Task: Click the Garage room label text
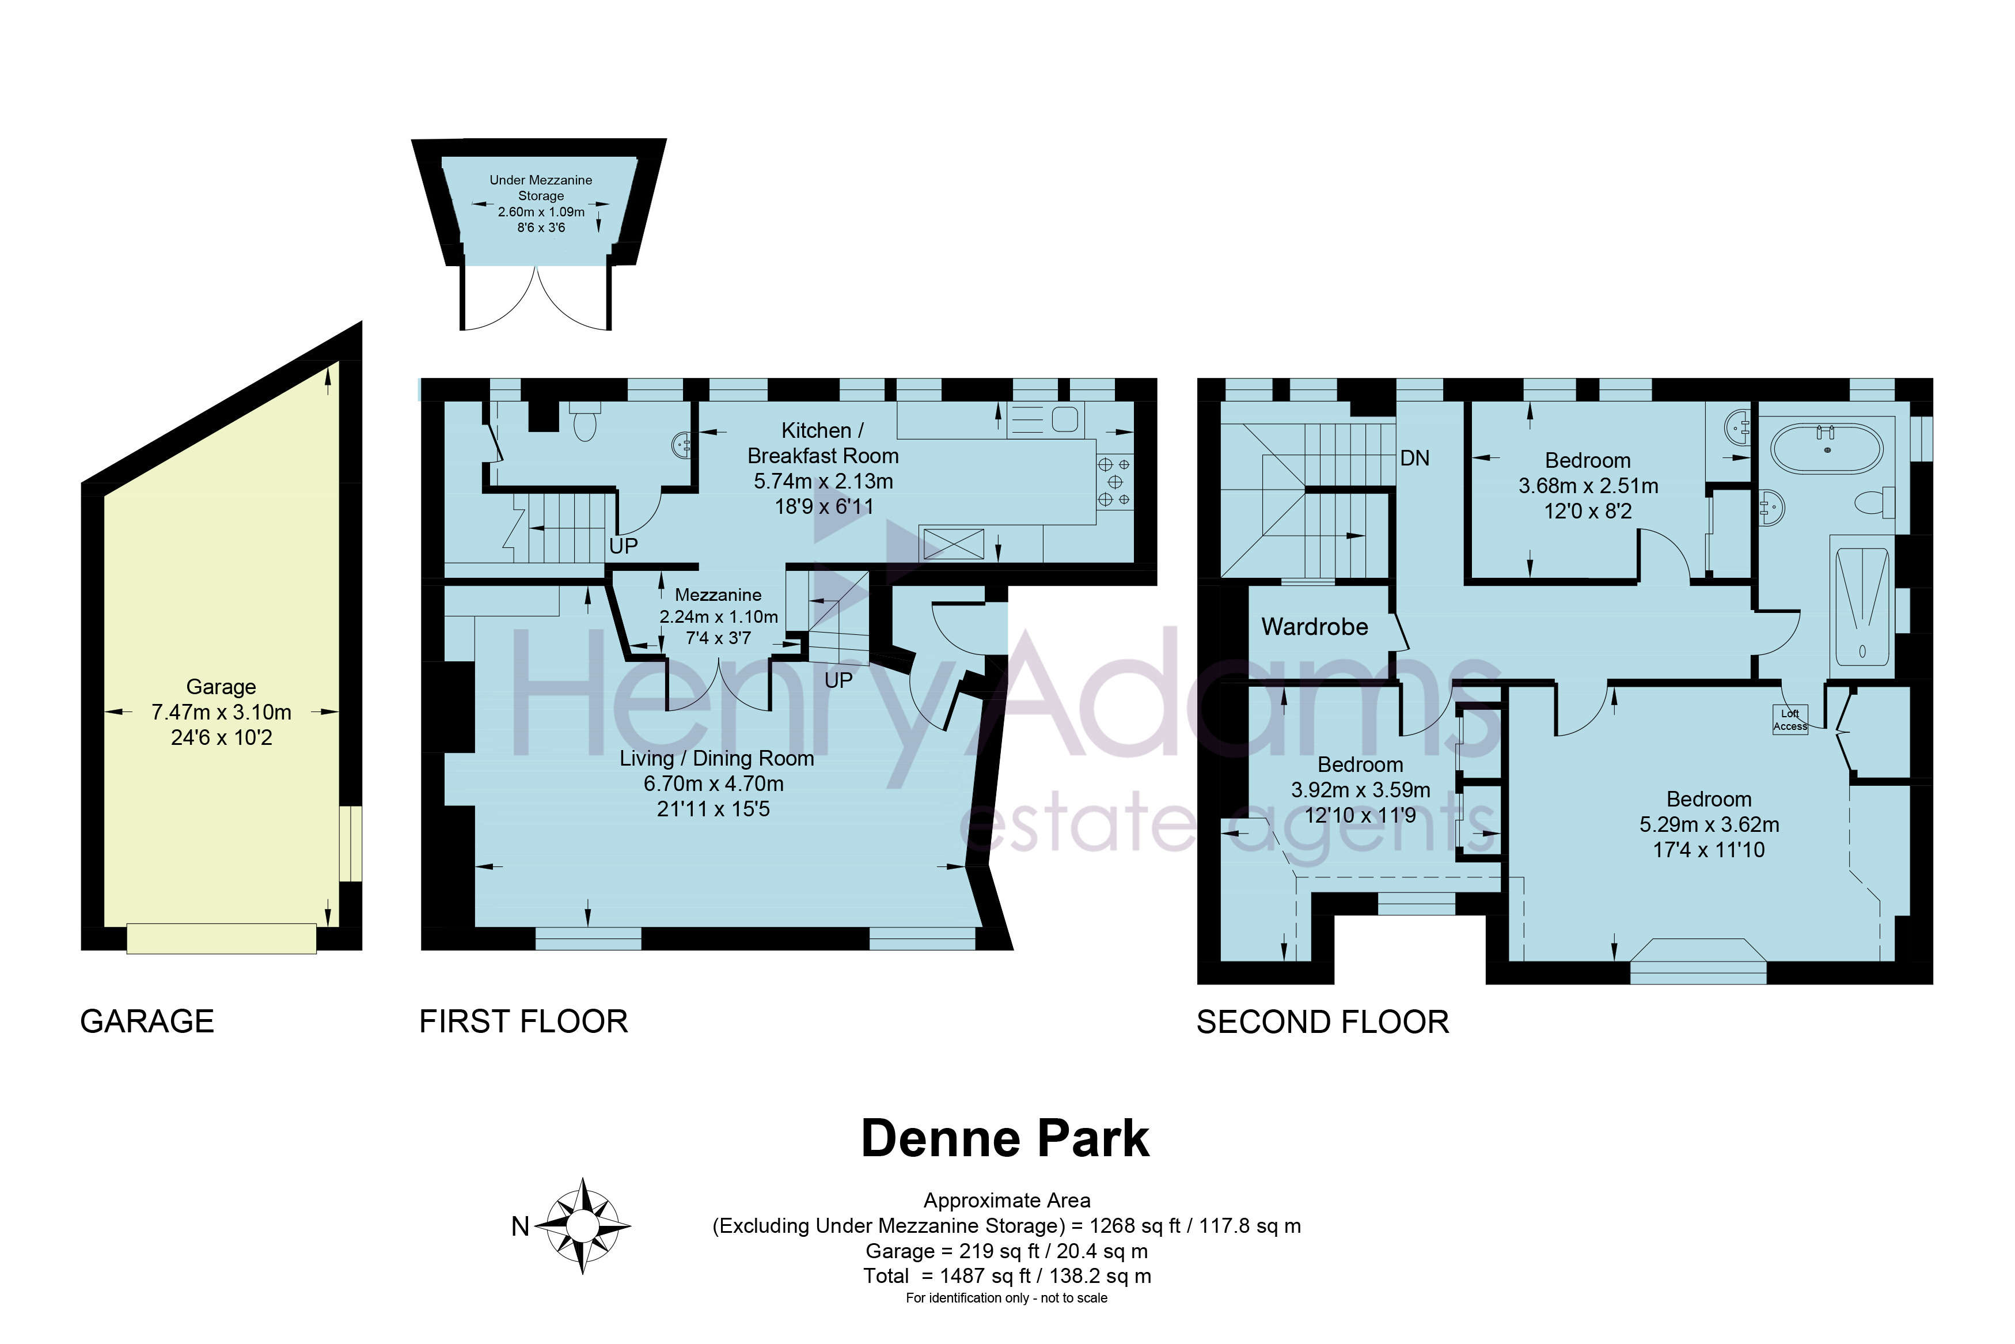point(221,687)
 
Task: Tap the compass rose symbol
point(583,1226)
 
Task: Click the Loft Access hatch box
point(1790,719)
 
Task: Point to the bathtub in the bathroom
point(1827,449)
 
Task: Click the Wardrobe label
point(1314,627)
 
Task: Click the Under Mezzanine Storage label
point(541,188)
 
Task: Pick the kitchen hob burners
point(1114,482)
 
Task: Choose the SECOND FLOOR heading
point(1323,1023)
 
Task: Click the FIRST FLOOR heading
point(523,1022)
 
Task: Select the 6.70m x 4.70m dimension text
point(714,783)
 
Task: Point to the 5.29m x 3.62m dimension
point(1709,824)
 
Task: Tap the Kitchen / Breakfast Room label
point(822,443)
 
